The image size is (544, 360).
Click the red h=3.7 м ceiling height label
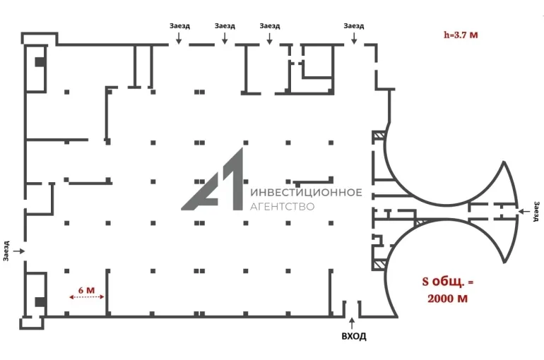(x=461, y=35)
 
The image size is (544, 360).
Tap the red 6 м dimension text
(x=86, y=289)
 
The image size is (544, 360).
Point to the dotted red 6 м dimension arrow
(x=87, y=297)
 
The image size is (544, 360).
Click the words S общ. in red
(x=443, y=282)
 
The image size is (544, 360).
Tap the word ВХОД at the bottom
(x=354, y=336)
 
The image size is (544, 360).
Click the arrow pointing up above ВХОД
(x=352, y=323)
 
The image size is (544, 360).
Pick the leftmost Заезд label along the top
(x=179, y=25)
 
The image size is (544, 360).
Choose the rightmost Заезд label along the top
(x=354, y=25)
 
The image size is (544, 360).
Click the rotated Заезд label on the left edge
(x=6, y=251)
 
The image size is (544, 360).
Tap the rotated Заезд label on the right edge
(x=536, y=210)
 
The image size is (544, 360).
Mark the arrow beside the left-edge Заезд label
(x=19, y=251)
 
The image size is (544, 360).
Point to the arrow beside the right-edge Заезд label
(x=524, y=211)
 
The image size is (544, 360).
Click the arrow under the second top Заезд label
(x=225, y=38)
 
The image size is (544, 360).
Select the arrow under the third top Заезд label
(x=270, y=38)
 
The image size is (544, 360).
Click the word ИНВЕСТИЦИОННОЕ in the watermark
(x=306, y=192)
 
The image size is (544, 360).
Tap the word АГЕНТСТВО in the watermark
(x=283, y=207)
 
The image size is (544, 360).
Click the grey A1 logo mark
(x=212, y=179)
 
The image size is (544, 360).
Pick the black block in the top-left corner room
(x=40, y=62)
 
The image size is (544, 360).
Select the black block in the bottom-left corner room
(x=40, y=302)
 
